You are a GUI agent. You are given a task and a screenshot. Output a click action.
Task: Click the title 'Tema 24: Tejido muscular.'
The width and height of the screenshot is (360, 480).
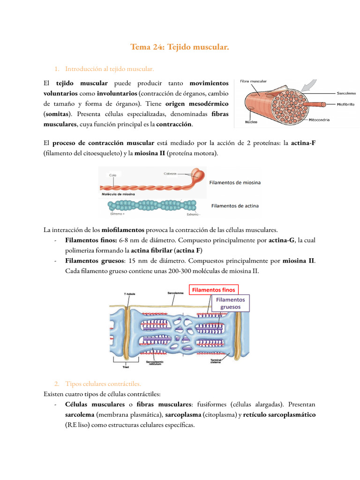tap(180, 47)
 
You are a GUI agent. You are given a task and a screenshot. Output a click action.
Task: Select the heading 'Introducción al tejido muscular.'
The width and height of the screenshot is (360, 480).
tap(109, 69)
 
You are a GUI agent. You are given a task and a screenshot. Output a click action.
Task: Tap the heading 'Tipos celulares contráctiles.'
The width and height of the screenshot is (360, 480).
tap(103, 383)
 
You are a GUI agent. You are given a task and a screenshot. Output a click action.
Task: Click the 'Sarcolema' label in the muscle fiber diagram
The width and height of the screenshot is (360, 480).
tap(346, 93)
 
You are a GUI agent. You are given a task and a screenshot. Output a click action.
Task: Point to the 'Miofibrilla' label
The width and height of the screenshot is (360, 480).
tap(345, 105)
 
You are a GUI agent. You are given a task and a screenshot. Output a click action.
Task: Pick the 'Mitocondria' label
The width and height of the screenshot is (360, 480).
tap(319, 120)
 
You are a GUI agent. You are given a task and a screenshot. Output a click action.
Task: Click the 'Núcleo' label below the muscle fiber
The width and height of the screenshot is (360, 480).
tap(251, 122)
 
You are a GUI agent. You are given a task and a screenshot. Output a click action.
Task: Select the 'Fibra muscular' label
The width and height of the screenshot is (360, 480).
tap(253, 81)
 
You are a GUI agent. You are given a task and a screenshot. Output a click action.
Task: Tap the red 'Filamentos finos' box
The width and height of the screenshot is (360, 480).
tap(214, 290)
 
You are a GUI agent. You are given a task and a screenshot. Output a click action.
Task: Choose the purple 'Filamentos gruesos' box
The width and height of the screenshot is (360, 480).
tap(231, 303)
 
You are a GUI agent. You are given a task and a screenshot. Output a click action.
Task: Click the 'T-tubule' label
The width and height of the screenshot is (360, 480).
tap(129, 294)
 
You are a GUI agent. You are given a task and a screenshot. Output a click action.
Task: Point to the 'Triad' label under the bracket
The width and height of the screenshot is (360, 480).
tap(126, 367)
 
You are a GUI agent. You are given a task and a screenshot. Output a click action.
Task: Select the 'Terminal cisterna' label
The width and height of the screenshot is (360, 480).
tap(216, 361)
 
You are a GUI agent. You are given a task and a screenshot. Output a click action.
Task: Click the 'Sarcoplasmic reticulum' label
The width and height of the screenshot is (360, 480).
tap(155, 363)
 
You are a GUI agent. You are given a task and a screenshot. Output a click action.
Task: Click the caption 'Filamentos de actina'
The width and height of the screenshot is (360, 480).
tap(235, 206)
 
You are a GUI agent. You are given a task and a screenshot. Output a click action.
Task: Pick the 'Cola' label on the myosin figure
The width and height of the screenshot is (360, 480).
tap(112, 175)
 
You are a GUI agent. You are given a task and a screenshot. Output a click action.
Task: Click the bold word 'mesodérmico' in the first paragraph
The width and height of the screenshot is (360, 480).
tap(209, 104)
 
